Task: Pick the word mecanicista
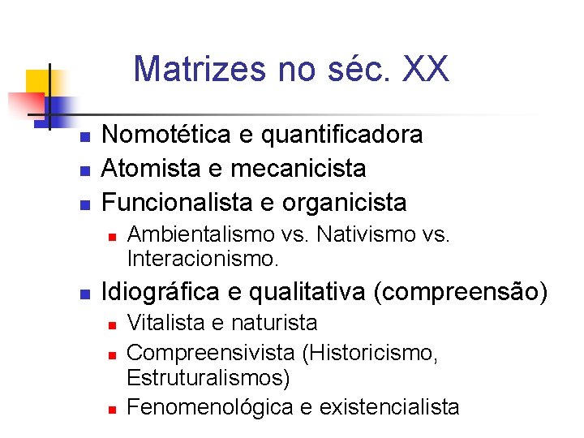coord(298,168)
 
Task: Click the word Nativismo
coord(363,235)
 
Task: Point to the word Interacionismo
coord(203,260)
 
